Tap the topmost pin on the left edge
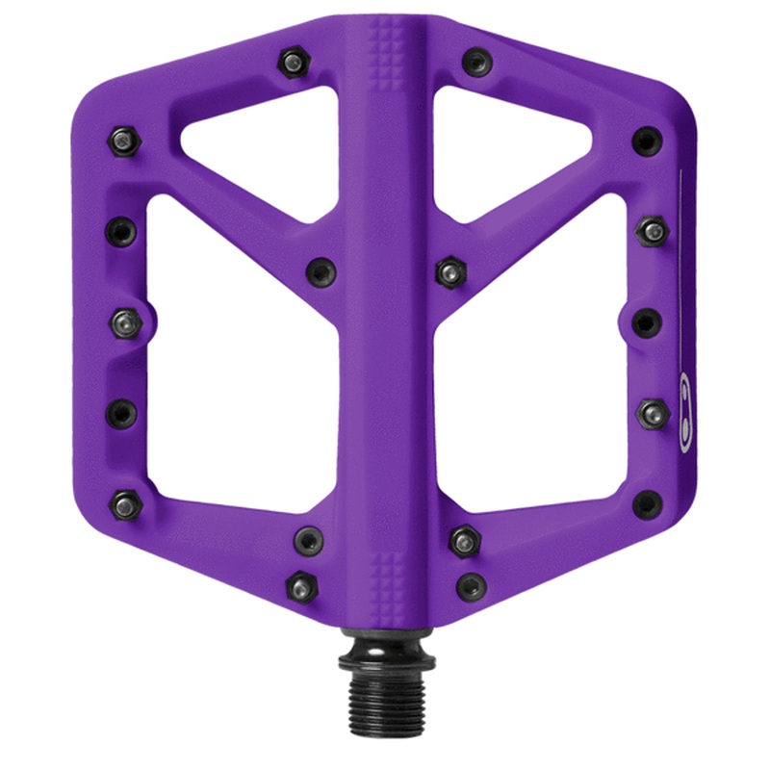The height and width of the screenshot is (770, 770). click(x=122, y=141)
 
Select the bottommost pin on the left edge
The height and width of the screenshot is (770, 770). click(x=125, y=501)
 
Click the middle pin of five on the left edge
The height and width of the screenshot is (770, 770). click(x=125, y=321)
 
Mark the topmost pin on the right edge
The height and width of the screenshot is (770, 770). click(x=646, y=141)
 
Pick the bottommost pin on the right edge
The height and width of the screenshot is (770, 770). click(x=648, y=501)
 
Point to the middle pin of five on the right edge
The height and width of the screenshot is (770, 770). click(x=646, y=321)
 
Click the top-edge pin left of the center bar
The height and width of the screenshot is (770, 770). click(x=292, y=63)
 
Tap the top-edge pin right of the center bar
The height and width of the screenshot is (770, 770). click(x=474, y=63)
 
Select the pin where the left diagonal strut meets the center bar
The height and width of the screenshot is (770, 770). click(x=321, y=271)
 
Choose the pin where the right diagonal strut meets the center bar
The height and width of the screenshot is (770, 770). click(x=449, y=271)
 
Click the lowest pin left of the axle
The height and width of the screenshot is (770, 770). click(x=302, y=584)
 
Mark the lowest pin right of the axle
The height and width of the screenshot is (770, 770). click(x=471, y=584)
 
